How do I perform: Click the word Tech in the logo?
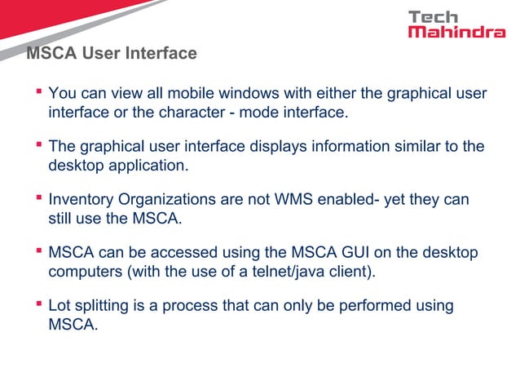433,16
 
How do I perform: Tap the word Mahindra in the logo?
456,33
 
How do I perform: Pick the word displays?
281,147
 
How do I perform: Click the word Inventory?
82,200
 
